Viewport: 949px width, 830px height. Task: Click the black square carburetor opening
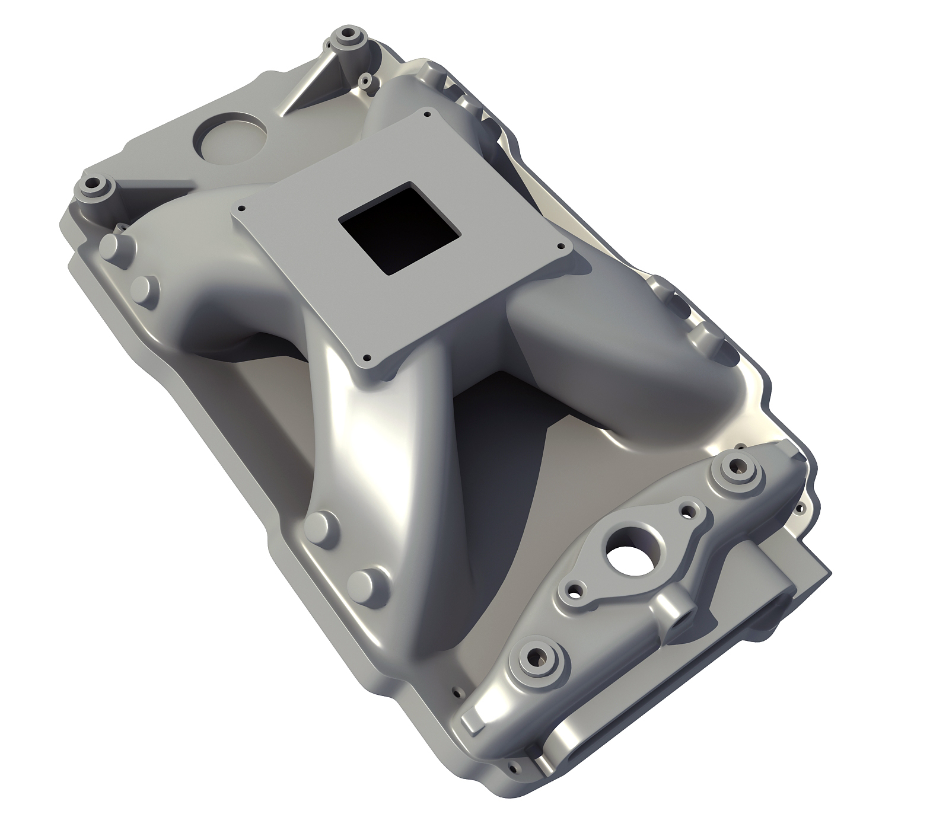399,228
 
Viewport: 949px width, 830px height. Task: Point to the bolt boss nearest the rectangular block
737,468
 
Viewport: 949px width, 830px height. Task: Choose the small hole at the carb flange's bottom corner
367,358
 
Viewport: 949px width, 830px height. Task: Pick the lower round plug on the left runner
144,288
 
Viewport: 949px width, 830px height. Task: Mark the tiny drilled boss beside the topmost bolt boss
366,79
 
